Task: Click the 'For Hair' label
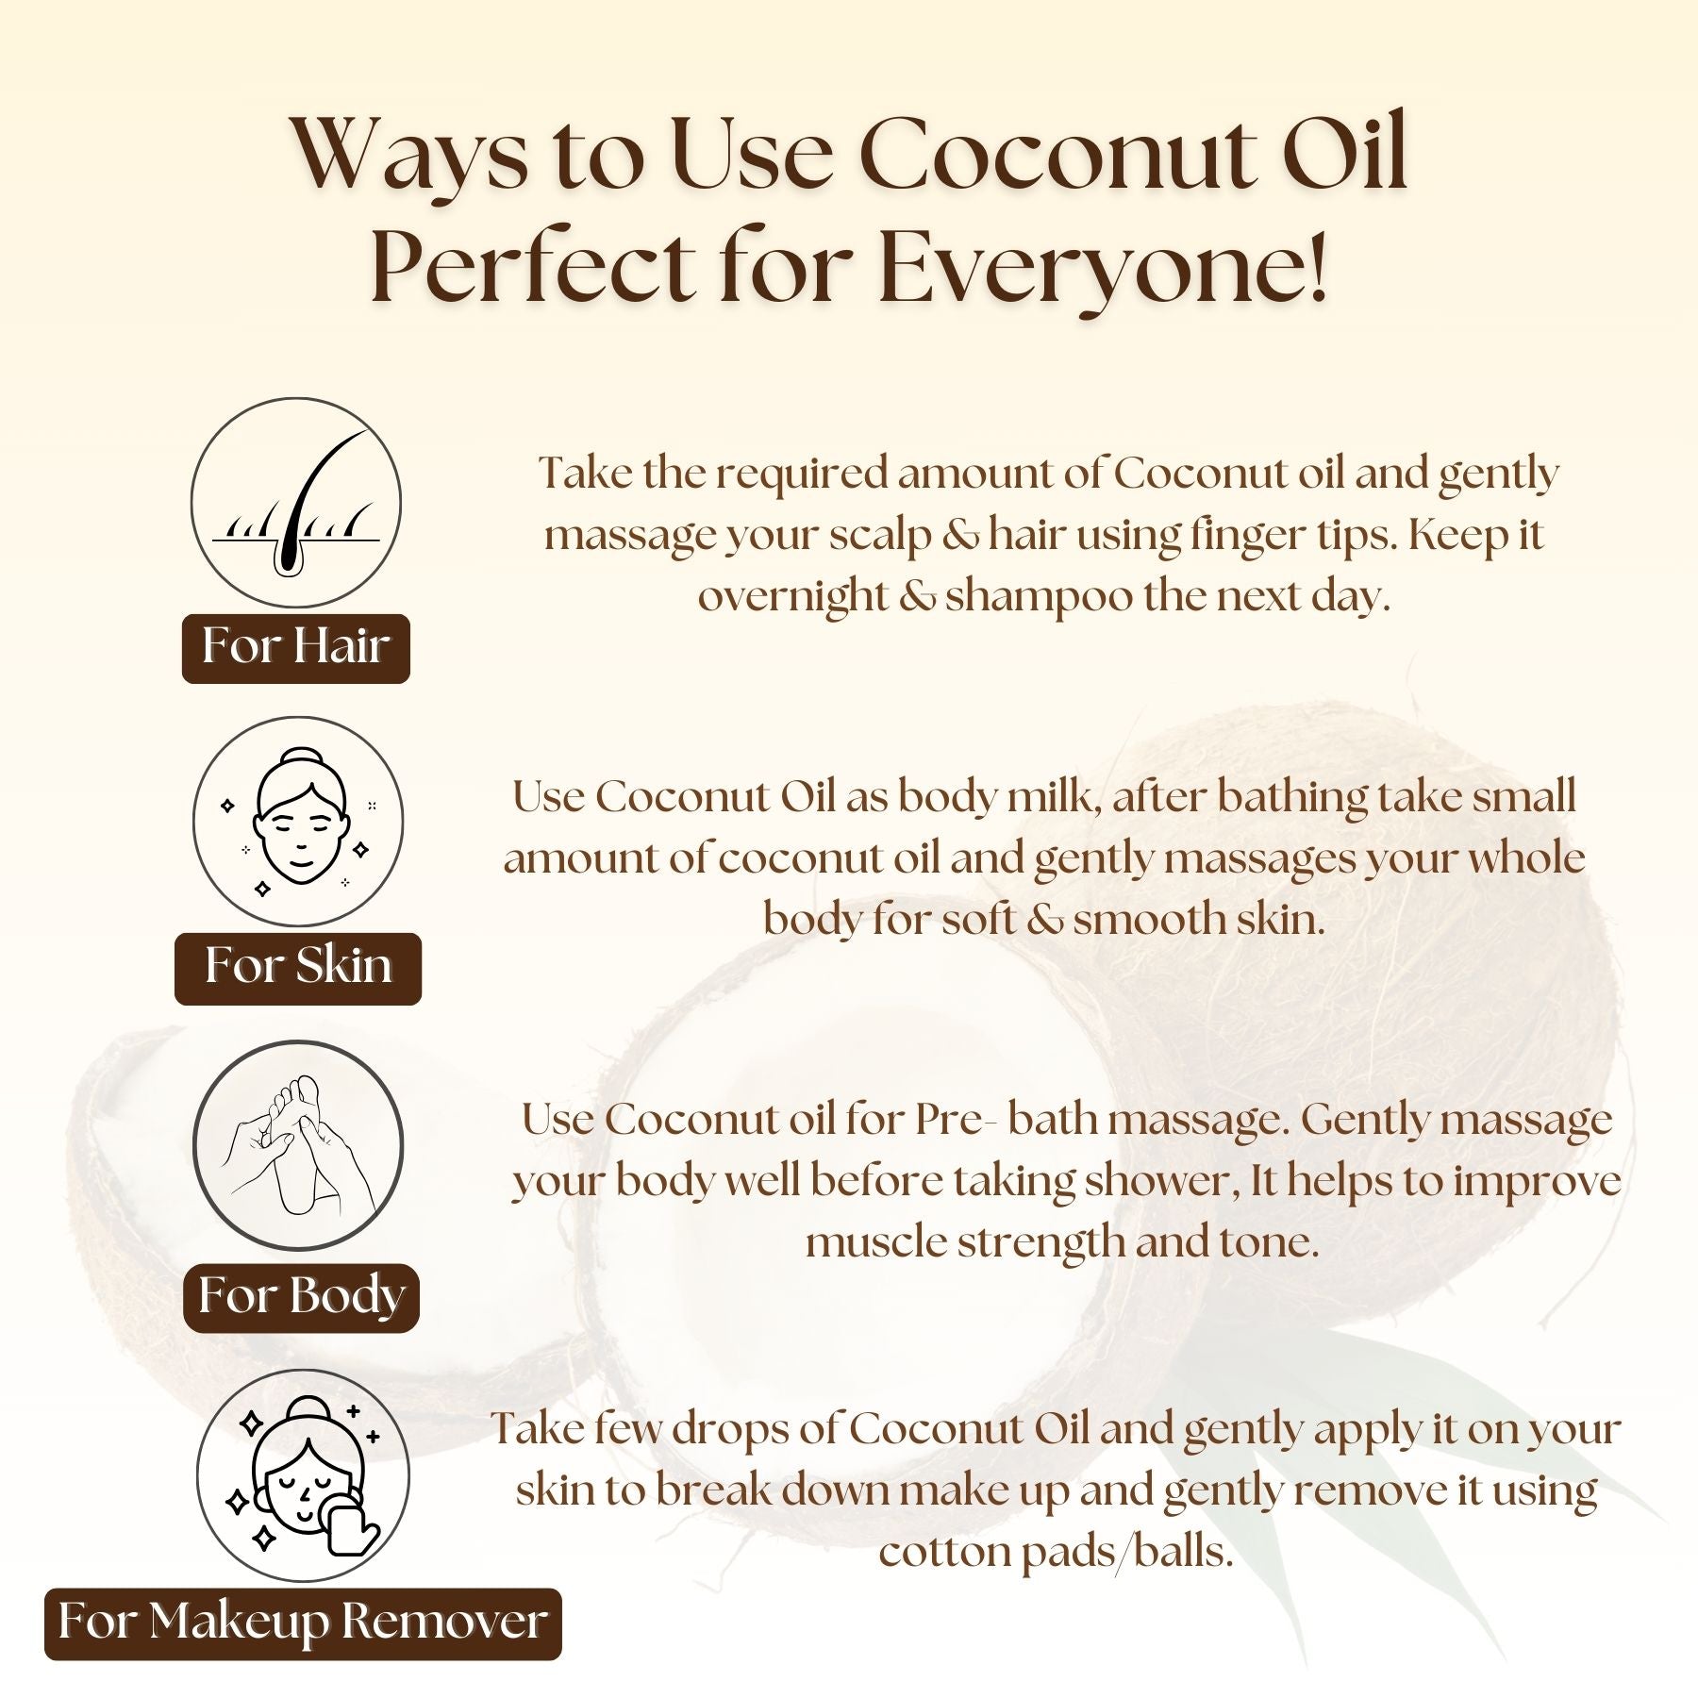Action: (296, 648)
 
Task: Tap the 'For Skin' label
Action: (298, 968)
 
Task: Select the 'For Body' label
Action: (301, 1297)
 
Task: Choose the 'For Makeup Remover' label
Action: (303, 1623)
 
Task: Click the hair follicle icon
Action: (296, 503)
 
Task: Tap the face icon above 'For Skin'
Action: (298, 822)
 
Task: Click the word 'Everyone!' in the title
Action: (1104, 265)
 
